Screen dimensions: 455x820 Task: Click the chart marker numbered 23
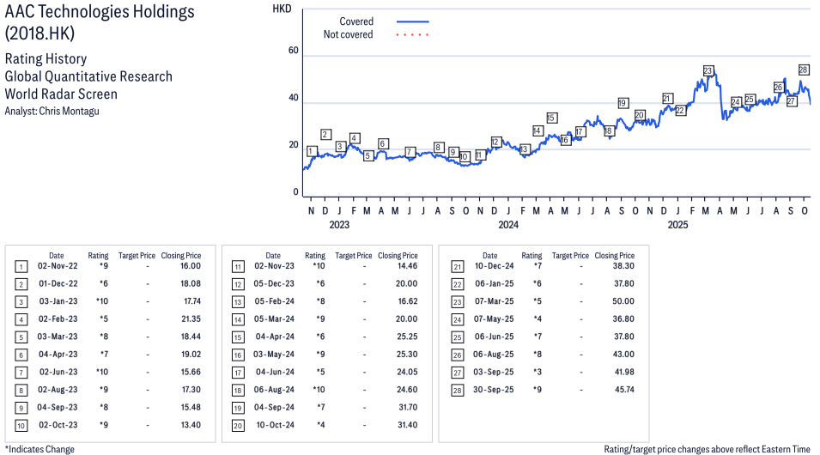point(708,71)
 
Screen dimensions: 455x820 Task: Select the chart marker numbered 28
point(804,70)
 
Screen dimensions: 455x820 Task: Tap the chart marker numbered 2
point(325,135)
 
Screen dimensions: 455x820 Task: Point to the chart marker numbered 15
point(551,118)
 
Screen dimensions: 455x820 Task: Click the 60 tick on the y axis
point(293,52)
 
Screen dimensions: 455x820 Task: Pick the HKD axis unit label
point(282,9)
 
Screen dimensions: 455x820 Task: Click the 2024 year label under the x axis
point(508,226)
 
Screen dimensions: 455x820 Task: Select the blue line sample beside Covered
point(412,21)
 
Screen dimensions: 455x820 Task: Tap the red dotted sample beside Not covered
point(412,35)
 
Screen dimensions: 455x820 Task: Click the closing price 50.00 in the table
point(622,301)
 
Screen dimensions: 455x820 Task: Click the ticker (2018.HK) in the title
point(39,34)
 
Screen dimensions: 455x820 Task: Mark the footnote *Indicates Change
point(39,449)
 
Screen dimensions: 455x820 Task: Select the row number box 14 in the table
point(237,319)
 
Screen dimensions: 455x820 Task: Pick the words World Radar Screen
point(61,94)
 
